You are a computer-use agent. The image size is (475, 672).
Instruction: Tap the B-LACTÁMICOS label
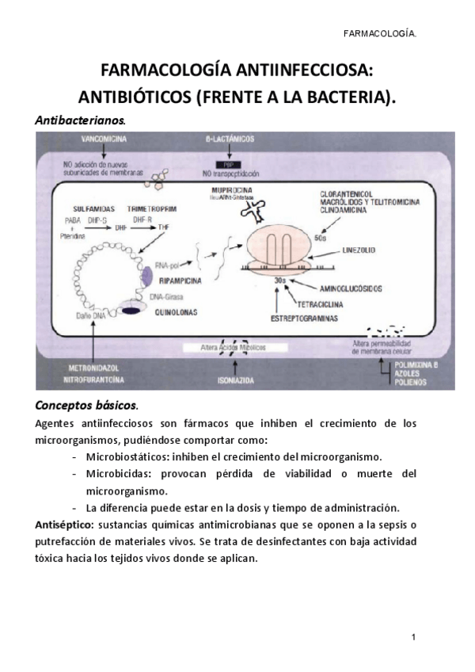(x=229, y=139)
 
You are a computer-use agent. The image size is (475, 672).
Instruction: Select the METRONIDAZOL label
(x=95, y=370)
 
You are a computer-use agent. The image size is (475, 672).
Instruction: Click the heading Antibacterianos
(x=80, y=120)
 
